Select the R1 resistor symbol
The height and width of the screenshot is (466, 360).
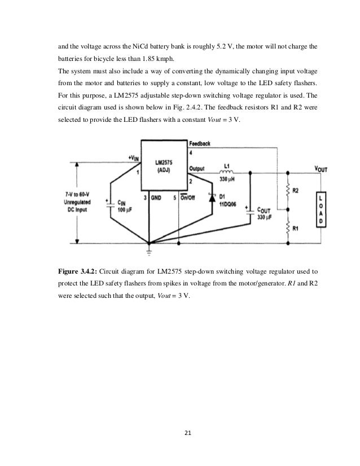[288, 227]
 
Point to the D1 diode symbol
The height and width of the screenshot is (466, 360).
[213, 198]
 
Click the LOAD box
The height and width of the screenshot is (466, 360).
[320, 209]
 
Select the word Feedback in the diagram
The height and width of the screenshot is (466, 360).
[200, 143]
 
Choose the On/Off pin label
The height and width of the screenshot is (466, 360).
[185, 197]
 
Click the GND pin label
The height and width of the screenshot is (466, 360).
[156, 197]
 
